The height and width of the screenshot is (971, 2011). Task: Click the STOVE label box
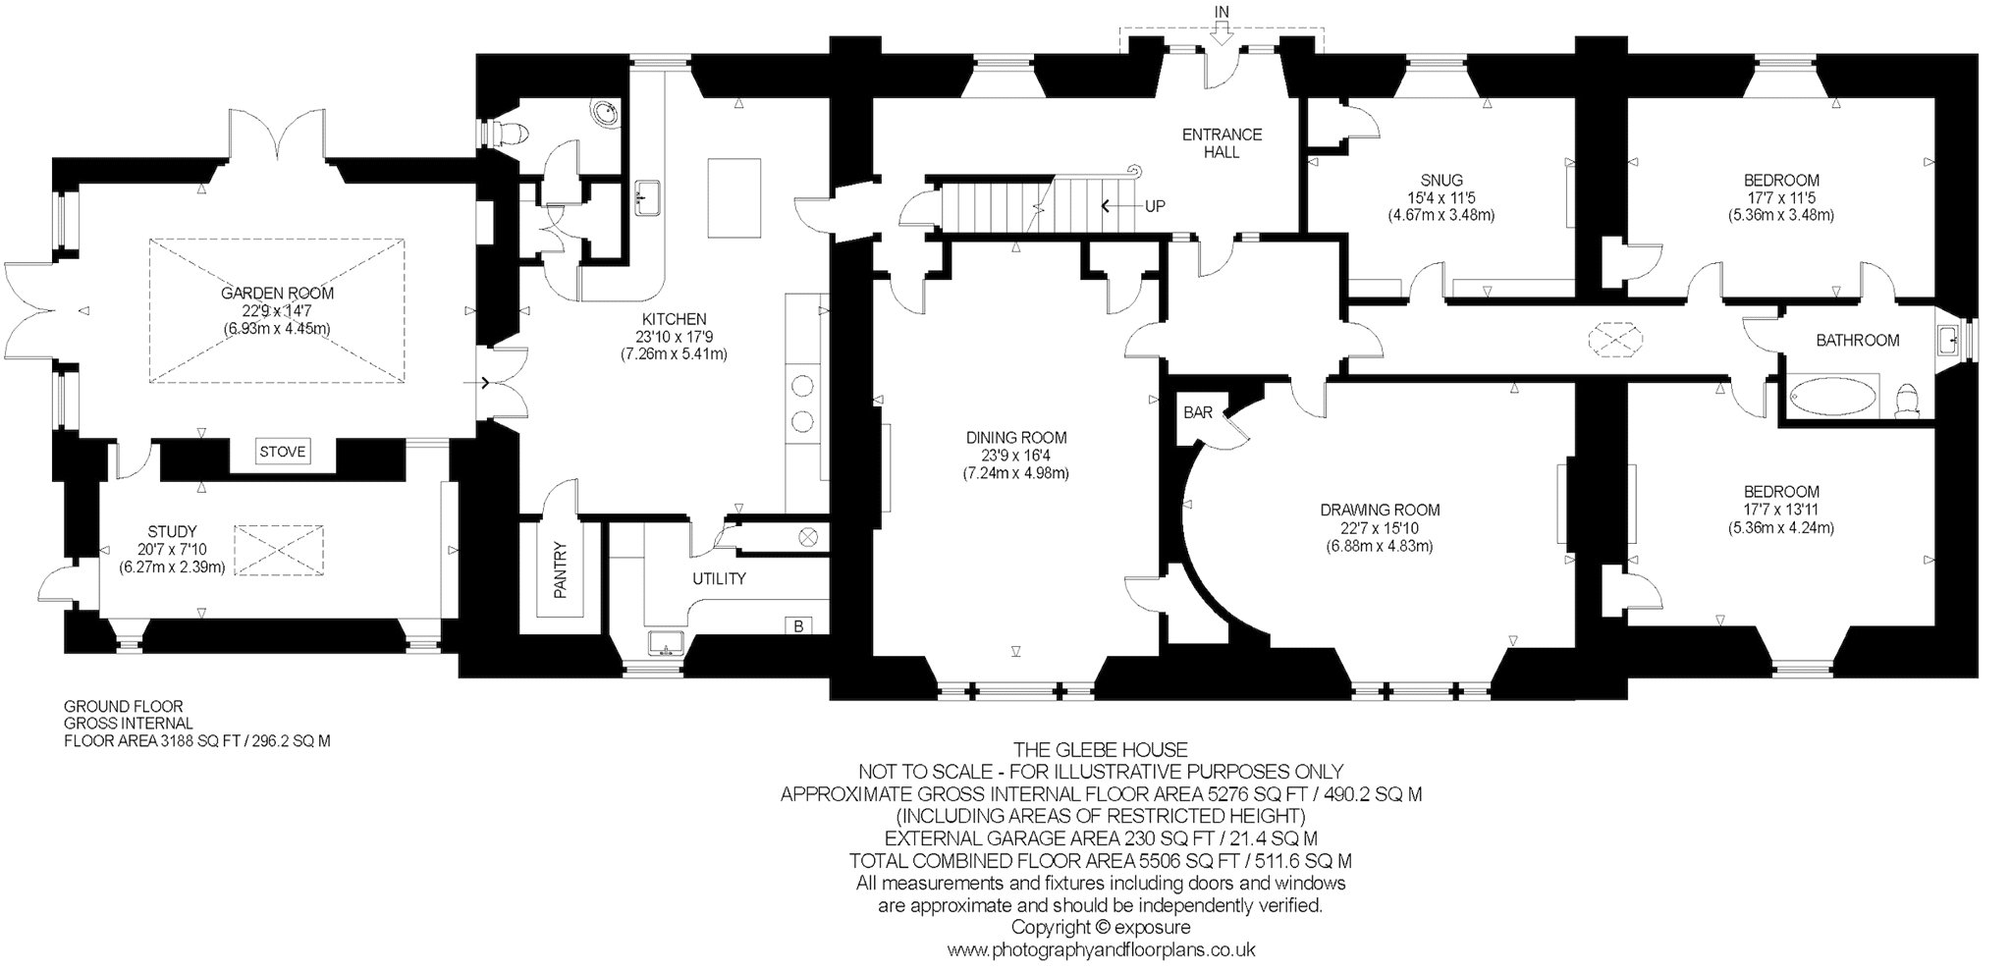coord(282,452)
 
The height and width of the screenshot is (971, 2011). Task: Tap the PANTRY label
coord(561,569)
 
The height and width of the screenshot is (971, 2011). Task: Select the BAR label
coord(1197,413)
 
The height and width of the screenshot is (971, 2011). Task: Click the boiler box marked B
coord(797,625)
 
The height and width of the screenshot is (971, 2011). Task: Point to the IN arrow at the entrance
coord(1221,33)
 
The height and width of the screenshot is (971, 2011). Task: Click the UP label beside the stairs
coord(1157,207)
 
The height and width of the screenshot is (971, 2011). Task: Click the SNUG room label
coord(1441,181)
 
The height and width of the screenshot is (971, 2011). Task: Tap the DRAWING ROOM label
coord(1380,511)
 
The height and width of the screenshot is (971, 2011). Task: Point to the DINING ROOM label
coord(1016,438)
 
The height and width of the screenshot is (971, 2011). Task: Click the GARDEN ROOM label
coord(277,293)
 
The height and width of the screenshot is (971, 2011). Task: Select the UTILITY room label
coord(719,579)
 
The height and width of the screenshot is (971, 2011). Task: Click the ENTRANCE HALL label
coord(1222,143)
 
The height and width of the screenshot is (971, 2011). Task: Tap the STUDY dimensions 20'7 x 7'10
coord(173,550)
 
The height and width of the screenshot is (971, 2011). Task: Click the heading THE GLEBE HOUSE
coord(1101,751)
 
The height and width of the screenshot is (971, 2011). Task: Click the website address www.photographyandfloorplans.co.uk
coord(1101,950)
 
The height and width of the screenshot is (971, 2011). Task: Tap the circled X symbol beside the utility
coord(809,537)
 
